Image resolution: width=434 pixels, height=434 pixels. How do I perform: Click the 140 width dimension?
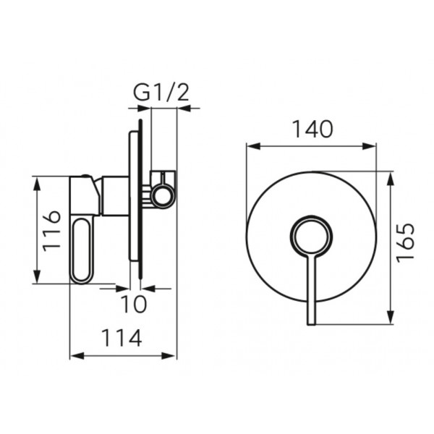click(312, 129)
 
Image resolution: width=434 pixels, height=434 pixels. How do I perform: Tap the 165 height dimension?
click(406, 242)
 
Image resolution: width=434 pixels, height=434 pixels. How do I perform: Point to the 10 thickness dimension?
click(134, 304)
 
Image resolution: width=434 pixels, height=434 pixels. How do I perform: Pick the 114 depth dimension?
click(122, 338)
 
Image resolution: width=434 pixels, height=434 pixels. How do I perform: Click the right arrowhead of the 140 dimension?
click(369, 146)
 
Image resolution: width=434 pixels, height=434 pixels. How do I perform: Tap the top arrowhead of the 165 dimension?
click(391, 179)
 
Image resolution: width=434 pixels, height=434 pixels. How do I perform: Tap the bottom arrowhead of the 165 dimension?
click(391, 317)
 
